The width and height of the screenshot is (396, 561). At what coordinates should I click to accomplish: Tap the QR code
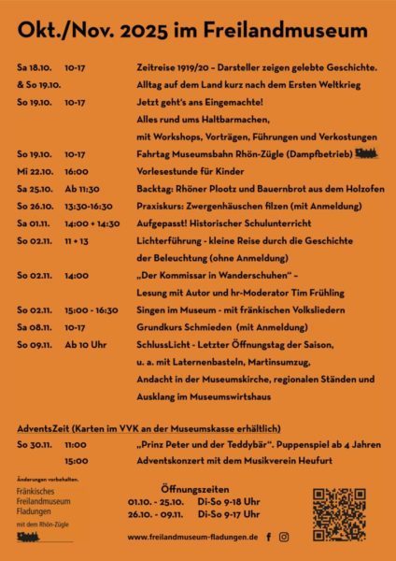coord(339,514)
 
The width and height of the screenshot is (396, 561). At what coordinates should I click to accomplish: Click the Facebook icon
coord(269,538)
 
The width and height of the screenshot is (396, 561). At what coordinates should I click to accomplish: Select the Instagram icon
coord(284,538)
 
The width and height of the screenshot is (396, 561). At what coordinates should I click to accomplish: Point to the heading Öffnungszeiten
coord(193,489)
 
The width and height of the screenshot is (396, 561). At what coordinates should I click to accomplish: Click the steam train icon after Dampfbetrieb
coord(366,153)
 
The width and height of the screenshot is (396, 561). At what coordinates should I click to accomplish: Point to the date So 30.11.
coord(34,445)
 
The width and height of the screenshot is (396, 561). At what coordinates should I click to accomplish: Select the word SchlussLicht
coord(163,346)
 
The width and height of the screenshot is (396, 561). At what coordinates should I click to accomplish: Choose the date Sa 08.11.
coord(33,328)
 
